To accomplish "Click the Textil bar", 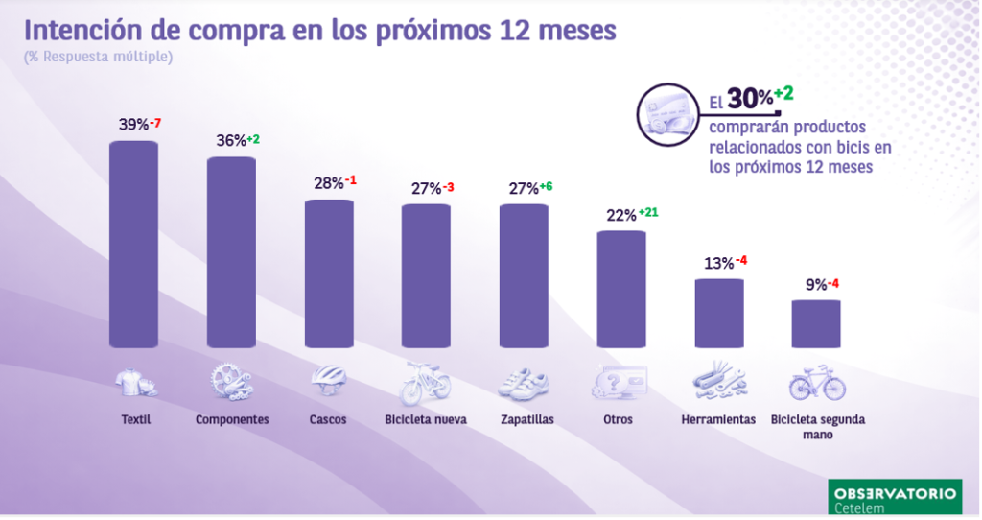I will click(133, 245).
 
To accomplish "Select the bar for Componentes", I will click(232, 252).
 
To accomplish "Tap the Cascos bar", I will click(329, 273).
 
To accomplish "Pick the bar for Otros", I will click(621, 289).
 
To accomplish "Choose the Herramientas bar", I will click(719, 313).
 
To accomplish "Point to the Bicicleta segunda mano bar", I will click(816, 323).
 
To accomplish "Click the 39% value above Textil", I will click(133, 125).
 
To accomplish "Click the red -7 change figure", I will click(156, 123).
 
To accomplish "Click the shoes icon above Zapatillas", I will click(524, 383).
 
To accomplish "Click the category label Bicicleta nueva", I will click(426, 420).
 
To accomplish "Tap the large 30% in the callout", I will click(748, 99).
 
